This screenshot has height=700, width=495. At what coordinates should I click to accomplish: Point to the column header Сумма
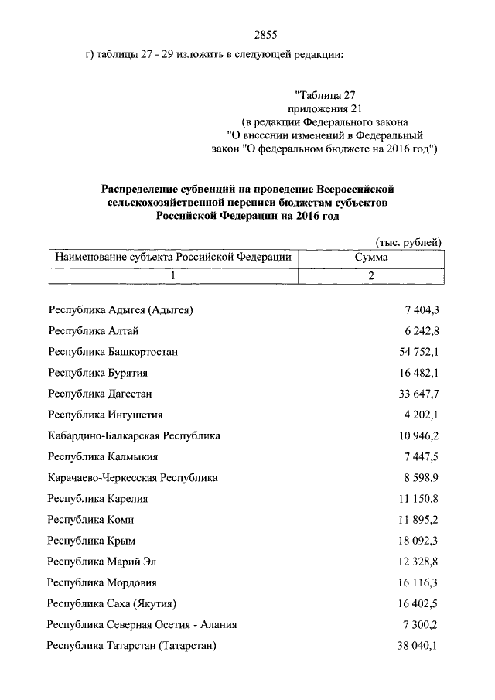click(371, 258)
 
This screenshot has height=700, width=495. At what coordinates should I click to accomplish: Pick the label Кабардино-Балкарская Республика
click(134, 435)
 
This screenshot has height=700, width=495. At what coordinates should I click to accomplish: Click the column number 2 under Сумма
click(371, 275)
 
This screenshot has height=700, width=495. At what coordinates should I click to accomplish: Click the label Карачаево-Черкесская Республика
click(132, 477)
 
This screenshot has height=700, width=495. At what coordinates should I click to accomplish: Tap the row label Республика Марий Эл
click(107, 561)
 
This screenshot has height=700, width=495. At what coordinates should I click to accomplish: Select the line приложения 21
click(325, 109)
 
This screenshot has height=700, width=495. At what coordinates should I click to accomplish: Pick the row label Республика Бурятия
click(97, 373)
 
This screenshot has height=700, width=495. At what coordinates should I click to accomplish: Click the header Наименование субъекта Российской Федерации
click(171, 258)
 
